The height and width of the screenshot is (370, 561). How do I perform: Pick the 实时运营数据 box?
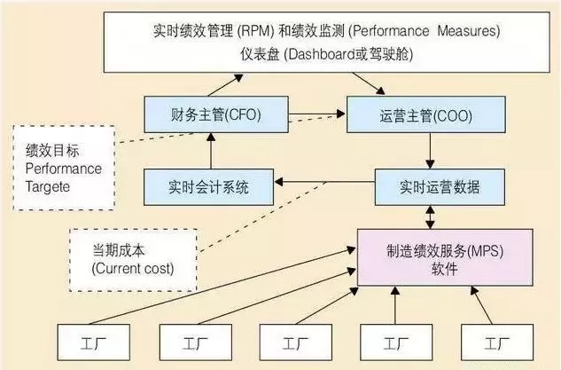[429, 187]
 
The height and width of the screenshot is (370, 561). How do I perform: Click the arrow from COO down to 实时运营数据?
[429, 150]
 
